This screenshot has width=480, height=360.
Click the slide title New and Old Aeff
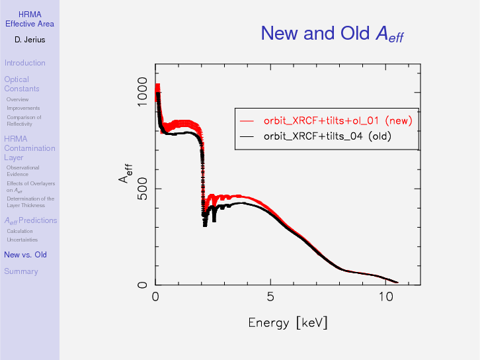(x=332, y=33)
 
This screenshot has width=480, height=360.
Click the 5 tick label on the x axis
(x=270, y=296)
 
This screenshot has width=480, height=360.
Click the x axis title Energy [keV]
(x=288, y=322)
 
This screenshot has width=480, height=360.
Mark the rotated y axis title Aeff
(x=125, y=173)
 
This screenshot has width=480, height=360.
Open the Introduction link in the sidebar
(x=24, y=63)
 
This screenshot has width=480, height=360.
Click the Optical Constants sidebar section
(x=22, y=84)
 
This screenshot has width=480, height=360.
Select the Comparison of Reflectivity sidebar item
(x=24, y=120)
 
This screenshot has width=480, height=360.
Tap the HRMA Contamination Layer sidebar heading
(x=29, y=148)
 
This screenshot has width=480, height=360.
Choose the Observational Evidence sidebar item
(x=22, y=171)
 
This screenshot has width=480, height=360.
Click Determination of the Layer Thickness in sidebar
(x=30, y=202)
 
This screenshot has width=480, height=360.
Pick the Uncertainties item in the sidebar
(x=22, y=240)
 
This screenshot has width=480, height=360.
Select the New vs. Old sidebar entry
(x=25, y=255)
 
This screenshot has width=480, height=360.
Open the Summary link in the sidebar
(x=21, y=271)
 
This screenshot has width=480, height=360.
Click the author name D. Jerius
(x=30, y=40)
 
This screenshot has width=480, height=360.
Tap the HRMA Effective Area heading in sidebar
(x=30, y=19)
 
